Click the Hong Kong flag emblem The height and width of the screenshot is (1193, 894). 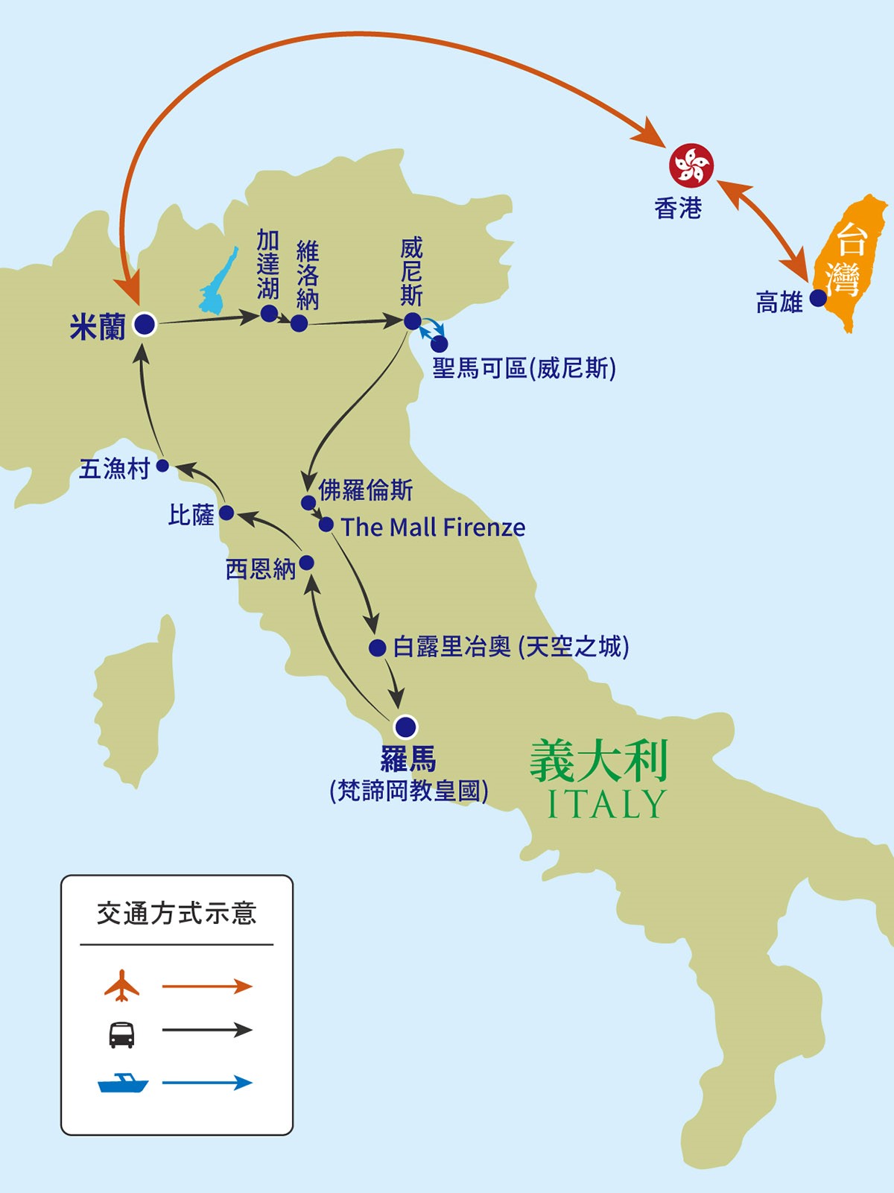click(691, 165)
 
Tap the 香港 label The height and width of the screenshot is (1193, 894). click(678, 209)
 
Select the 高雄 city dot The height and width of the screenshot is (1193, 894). click(818, 298)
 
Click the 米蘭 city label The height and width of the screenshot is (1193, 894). click(98, 327)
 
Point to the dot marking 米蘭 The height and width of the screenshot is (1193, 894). click(144, 324)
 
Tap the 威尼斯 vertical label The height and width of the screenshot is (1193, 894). click(411, 272)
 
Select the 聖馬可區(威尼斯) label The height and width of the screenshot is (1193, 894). click(524, 368)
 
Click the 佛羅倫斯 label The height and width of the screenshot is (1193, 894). click(365, 490)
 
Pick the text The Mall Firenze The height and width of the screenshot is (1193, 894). click(433, 528)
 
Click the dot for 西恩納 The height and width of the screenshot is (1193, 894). click(306, 563)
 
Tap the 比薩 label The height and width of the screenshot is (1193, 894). click(191, 515)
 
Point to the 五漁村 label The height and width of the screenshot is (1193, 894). click(115, 469)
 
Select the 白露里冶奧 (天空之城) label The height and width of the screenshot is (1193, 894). click(511, 647)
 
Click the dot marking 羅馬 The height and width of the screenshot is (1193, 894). click(405, 726)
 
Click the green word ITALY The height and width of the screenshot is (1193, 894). click(606, 804)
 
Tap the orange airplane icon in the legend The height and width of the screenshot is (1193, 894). click(121, 986)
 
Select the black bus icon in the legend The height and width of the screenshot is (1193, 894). click(121, 1034)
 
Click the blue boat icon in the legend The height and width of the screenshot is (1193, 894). click(123, 1083)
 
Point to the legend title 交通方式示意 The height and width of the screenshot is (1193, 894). click(177, 914)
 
